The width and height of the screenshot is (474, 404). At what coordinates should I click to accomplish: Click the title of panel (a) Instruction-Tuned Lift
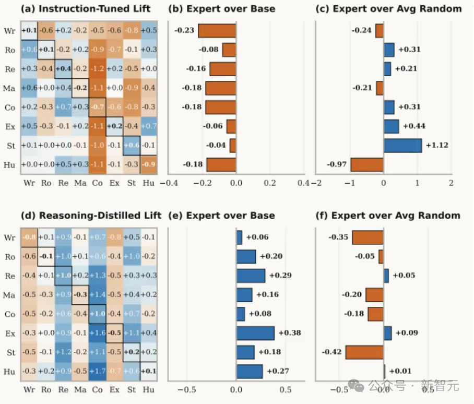[86, 8]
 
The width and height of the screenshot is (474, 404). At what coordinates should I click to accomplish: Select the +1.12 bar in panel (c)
[402, 145]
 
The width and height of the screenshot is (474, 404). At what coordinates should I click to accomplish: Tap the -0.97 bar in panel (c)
[367, 164]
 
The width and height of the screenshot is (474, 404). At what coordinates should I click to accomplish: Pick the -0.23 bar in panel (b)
[217, 31]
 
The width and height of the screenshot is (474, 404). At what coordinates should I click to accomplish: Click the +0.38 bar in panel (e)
[255, 333]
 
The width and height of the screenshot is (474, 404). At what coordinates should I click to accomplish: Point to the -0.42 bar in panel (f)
[364, 352]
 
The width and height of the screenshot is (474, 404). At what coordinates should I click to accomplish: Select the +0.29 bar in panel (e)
[251, 276]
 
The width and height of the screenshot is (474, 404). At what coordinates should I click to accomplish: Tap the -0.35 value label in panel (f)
[339, 237]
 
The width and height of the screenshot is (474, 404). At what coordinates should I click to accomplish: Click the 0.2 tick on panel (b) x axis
[270, 183]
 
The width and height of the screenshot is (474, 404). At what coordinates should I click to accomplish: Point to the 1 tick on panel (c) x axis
[418, 183]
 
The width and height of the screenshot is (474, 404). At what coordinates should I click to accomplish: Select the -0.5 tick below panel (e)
[186, 389]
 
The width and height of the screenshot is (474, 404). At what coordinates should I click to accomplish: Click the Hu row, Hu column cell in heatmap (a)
[148, 164]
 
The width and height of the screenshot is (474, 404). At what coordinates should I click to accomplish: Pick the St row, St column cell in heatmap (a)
[131, 145]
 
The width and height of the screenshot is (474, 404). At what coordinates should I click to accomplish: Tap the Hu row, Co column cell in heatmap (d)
[97, 372]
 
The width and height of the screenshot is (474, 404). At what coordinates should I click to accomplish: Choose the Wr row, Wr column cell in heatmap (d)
[30, 237]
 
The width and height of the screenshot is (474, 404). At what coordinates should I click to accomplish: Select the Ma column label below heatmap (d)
[80, 389]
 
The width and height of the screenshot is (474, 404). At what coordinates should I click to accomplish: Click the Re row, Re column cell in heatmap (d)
[63, 276]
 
